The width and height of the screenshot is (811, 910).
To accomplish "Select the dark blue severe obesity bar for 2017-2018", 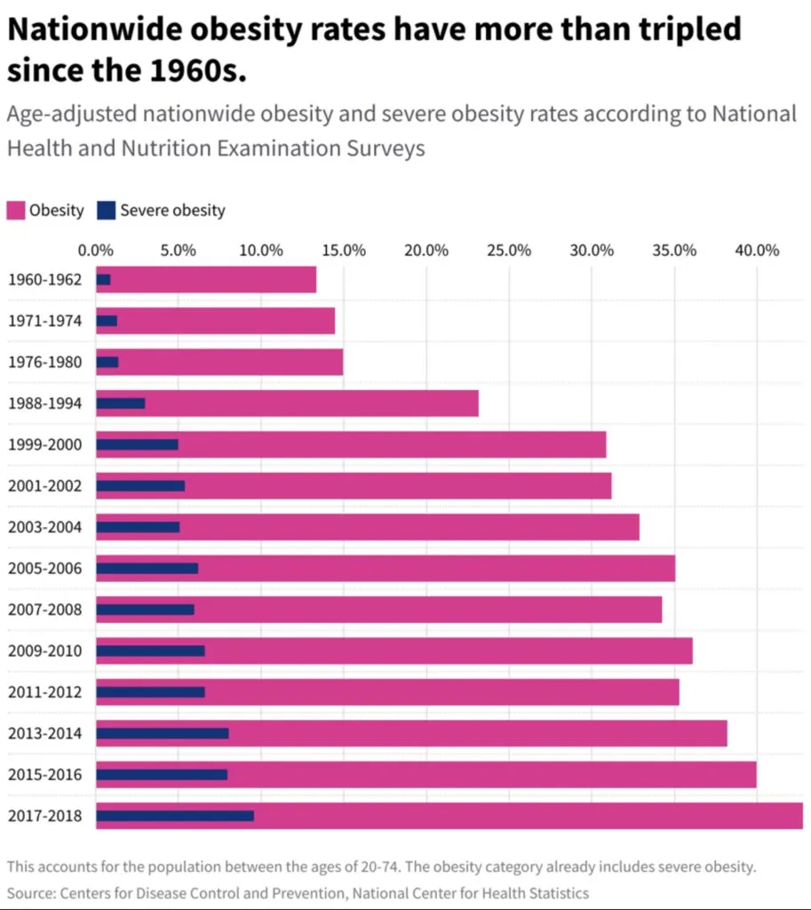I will [x=174, y=816].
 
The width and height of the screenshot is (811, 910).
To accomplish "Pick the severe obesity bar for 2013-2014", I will [x=162, y=733].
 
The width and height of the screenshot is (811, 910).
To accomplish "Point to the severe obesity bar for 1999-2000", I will [x=137, y=444].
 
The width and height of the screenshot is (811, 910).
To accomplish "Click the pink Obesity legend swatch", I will [x=15, y=211].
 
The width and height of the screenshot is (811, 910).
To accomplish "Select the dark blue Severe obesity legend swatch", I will [x=107, y=211].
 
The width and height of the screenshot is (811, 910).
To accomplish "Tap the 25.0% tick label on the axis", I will [x=509, y=250].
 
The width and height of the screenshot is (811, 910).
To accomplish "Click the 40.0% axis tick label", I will [x=757, y=250].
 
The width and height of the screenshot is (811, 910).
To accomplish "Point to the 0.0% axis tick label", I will [x=96, y=250].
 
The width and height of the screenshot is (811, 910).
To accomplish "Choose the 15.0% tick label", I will [x=344, y=250].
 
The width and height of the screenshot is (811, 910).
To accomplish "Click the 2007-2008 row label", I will [x=44, y=610].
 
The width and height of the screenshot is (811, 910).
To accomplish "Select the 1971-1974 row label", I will [x=44, y=321].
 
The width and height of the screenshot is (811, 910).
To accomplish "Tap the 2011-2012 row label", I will [x=44, y=692].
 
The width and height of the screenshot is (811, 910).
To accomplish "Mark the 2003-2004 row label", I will [x=44, y=527].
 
